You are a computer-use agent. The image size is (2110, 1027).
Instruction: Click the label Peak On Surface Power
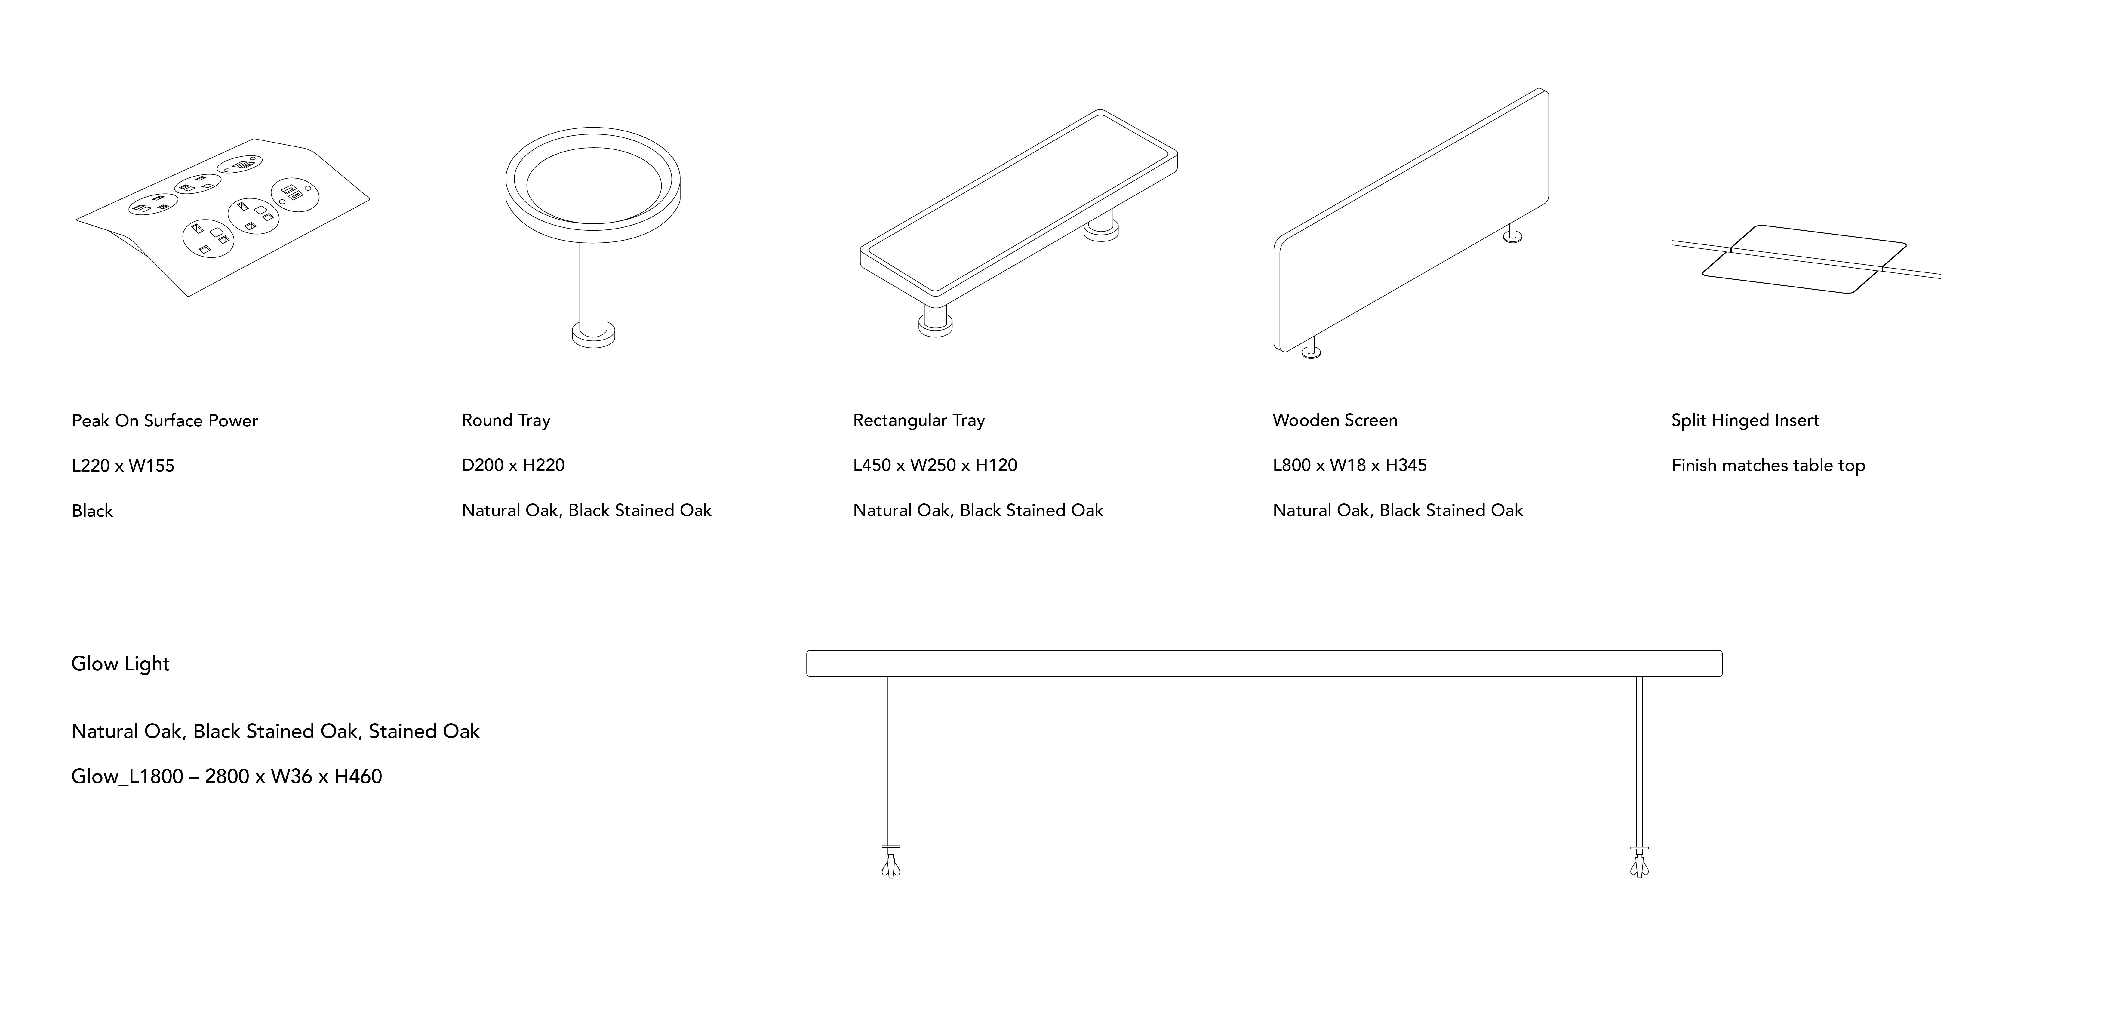coord(165,421)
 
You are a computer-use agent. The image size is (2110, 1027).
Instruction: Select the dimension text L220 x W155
coord(123,466)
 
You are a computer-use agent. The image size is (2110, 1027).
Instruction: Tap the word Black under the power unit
coord(92,511)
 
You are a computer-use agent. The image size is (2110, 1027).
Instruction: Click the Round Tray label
coord(505,420)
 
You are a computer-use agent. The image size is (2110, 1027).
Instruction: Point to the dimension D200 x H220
coord(513,465)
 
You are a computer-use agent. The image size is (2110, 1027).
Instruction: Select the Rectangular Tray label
coord(918,420)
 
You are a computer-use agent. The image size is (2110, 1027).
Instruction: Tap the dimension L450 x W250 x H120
coord(935,465)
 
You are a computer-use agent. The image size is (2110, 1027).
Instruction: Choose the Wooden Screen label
coord(1334,420)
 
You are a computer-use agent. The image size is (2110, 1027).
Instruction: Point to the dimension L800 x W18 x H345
coord(1349,465)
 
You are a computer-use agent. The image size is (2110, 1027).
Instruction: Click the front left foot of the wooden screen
coord(1311,351)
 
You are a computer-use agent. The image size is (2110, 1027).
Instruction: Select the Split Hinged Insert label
coord(1745,420)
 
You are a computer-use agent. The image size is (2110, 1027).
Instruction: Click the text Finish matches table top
coord(1768,465)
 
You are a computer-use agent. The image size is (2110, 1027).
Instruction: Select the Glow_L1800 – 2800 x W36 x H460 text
coord(226,776)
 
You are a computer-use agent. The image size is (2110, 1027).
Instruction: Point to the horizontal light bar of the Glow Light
coord(1264,663)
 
